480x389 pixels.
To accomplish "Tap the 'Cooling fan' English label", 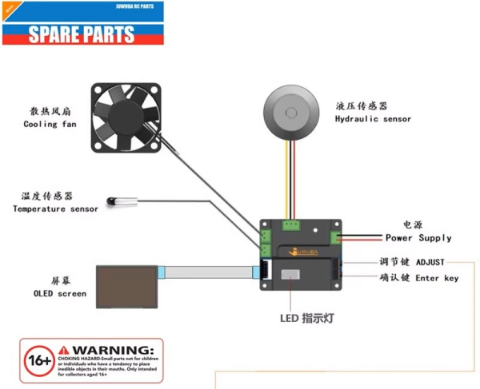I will coord(50,125).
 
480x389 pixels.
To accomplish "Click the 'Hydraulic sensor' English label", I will coord(373,119).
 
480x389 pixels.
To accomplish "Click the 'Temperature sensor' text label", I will coord(55,209).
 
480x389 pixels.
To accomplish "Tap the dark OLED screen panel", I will coord(126,286).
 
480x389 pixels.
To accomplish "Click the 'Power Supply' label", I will coord(418,238).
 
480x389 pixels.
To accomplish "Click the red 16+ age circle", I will coord(38,360).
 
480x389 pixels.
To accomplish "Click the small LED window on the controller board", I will coord(291,275).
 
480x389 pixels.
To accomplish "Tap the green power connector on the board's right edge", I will coord(338,237).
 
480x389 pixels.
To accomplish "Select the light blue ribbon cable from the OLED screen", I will coord(208,272).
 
